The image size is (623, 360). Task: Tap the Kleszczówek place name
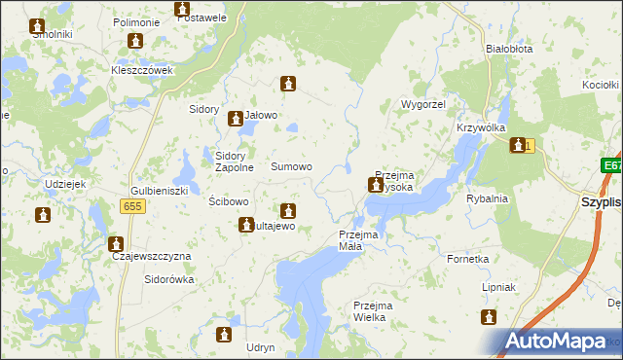(141, 71)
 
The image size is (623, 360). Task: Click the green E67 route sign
(611, 166)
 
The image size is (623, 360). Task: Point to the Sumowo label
(291, 167)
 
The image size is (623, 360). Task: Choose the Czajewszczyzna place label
(152, 256)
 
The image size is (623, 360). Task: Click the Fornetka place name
(467, 260)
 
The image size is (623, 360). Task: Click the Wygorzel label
(421, 103)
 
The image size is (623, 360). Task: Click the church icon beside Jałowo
(235, 120)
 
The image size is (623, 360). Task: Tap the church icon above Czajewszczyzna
(117, 243)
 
